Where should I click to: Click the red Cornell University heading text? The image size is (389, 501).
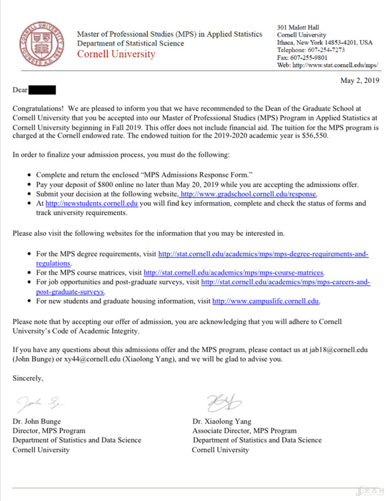[x=116, y=54]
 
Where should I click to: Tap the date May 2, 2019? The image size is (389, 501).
[x=359, y=80]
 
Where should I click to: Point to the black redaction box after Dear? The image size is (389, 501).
[x=42, y=90]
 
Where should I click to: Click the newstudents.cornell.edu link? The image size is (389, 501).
[x=91, y=204]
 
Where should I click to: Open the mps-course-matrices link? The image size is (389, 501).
[x=234, y=273]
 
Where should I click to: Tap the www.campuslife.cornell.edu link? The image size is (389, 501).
[x=266, y=301]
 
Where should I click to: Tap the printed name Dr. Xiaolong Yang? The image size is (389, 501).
[x=221, y=422]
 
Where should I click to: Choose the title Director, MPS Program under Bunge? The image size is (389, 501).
[x=49, y=430]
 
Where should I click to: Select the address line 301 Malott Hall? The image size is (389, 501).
[x=298, y=27]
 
